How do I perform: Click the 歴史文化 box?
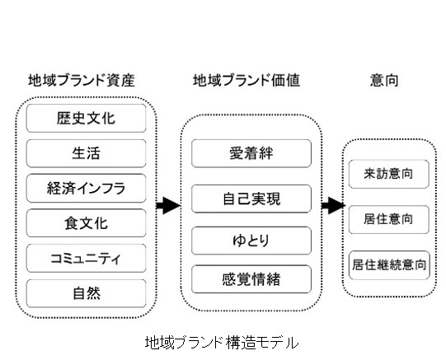86,118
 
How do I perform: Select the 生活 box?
86,153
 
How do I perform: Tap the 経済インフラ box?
86,189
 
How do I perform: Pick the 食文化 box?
86,223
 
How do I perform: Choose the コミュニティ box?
86,259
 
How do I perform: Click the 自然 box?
86,293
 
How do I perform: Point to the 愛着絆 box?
251,153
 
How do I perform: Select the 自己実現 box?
251,199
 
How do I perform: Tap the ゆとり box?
251,241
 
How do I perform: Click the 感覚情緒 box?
251,279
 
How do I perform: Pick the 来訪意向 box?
389,174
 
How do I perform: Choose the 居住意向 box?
389,220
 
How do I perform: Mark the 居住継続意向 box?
389,265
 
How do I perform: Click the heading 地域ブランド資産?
82,80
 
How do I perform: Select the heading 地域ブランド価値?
246,80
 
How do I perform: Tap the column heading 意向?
384,80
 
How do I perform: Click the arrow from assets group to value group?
168,205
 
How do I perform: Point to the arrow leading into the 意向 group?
333,205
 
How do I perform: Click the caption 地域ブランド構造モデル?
222,343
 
